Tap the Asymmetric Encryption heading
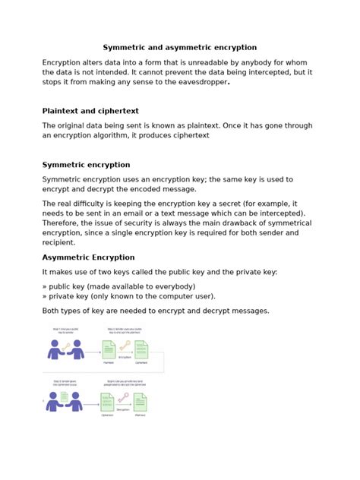point(88,257)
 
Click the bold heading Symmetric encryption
point(86,164)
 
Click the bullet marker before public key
point(44,285)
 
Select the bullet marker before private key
point(44,296)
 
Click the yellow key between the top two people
point(66,349)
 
